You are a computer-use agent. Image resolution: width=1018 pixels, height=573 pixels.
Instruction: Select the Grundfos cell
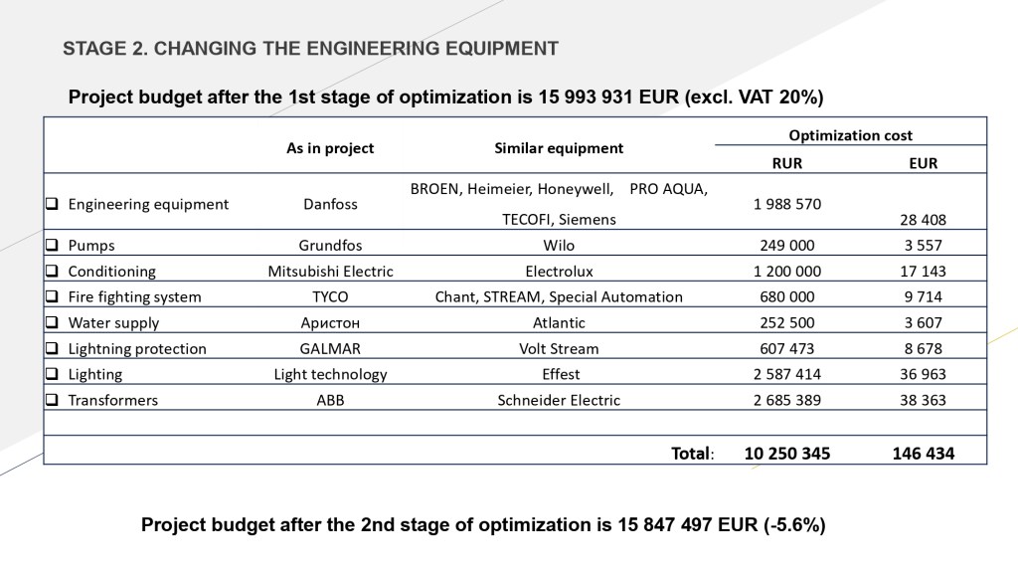pos(330,245)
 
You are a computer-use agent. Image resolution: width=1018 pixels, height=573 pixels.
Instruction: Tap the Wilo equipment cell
pos(559,245)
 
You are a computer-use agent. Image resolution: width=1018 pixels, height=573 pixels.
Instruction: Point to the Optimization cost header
pos(850,135)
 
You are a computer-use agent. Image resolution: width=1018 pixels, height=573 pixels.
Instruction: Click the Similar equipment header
pos(559,148)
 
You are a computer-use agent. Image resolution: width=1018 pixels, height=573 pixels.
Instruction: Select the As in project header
pos(330,148)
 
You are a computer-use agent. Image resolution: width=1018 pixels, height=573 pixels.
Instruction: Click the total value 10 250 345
pos(787,453)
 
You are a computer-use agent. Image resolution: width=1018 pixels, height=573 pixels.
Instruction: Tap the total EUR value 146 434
pos(924,453)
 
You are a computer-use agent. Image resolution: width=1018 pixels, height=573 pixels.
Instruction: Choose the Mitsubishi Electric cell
pos(330,271)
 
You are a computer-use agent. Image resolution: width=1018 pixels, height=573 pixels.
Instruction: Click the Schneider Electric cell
pos(559,400)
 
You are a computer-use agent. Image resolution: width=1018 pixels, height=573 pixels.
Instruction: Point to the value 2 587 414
pos(787,374)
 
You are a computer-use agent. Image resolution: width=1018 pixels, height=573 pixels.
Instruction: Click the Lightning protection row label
pos(137,348)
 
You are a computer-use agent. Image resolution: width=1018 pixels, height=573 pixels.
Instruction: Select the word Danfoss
pos(330,204)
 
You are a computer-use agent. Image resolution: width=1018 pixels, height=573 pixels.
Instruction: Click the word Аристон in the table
pos(330,322)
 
